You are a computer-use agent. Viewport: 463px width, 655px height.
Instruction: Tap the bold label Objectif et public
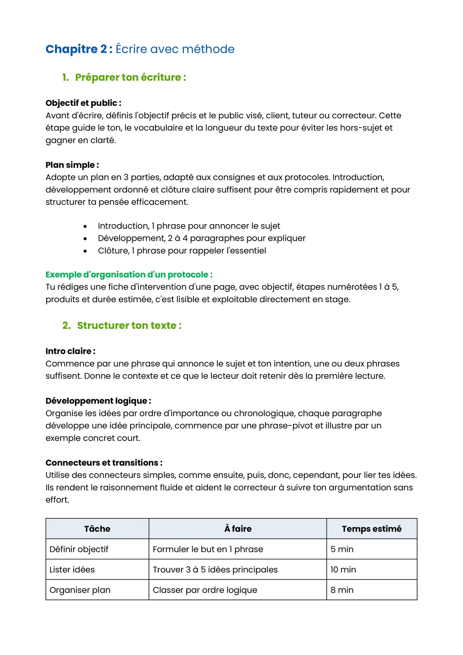point(83,103)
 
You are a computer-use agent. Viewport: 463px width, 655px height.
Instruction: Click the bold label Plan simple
point(72,165)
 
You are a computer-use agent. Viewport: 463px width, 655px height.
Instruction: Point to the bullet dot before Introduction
point(85,226)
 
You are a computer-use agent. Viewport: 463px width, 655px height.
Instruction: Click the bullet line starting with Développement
point(201,238)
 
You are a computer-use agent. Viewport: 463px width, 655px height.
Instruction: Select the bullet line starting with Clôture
point(182,251)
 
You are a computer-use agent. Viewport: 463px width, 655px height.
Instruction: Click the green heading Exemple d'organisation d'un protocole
point(129,275)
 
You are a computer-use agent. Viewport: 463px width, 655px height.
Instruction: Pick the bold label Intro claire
point(70,351)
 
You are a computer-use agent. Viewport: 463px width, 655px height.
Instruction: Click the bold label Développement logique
point(98,401)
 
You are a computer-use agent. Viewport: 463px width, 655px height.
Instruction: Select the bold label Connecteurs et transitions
point(104,463)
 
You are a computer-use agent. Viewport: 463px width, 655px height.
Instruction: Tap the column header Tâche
point(97,529)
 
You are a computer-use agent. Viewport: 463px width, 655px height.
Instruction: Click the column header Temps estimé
point(372,529)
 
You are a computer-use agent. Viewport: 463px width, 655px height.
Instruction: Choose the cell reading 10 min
point(343,570)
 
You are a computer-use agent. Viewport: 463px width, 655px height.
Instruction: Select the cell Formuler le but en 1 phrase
point(208,549)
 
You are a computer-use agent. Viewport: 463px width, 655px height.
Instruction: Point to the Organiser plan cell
point(80,590)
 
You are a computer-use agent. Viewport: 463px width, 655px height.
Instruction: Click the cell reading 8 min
point(342,590)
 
